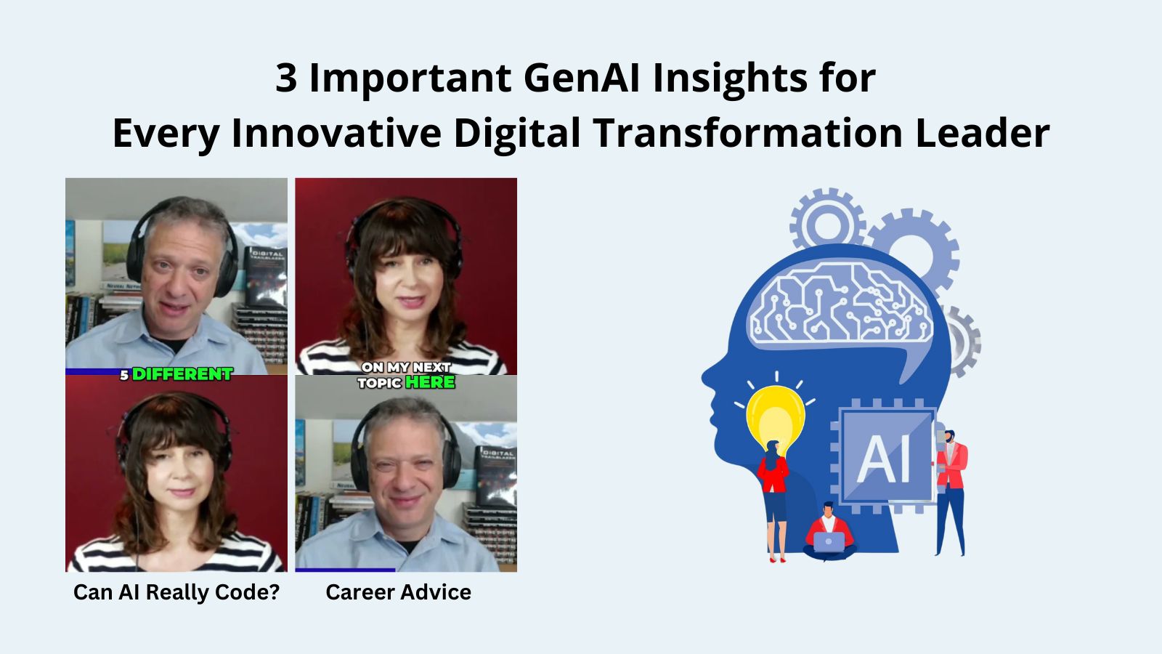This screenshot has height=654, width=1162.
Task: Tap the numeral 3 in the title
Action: coord(286,78)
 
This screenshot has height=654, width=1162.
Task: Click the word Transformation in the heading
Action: coord(747,133)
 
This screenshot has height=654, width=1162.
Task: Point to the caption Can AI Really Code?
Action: coord(176,592)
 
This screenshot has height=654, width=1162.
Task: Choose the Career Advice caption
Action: coord(398,592)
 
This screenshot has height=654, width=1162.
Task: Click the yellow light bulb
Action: coord(775,418)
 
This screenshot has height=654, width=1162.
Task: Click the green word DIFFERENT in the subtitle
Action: coord(182,374)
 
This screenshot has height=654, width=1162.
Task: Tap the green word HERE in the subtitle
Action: coord(430,382)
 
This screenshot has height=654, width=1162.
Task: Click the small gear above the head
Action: coord(827,222)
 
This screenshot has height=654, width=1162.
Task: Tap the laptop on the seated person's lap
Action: coord(829,541)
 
